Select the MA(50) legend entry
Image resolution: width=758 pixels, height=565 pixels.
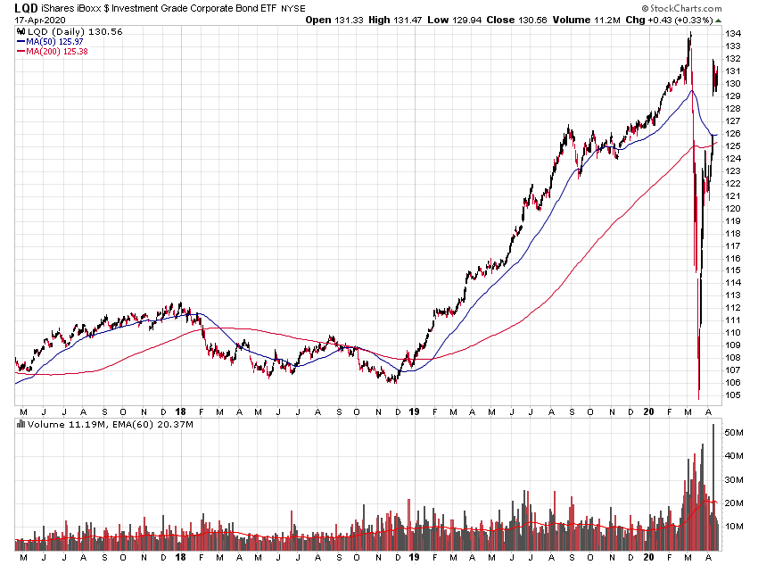[53, 41]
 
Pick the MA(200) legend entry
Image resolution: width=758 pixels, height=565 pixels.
[55, 51]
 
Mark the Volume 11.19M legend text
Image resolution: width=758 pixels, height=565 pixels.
[58, 425]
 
